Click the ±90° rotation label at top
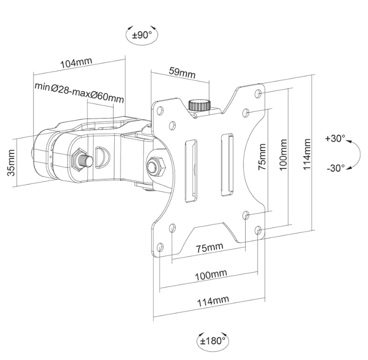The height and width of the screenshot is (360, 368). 142,34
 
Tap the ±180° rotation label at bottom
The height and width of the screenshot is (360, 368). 211,339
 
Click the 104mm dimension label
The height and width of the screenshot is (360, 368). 77,63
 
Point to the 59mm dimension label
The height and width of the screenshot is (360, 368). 182,73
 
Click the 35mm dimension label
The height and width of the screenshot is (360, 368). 13,162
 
